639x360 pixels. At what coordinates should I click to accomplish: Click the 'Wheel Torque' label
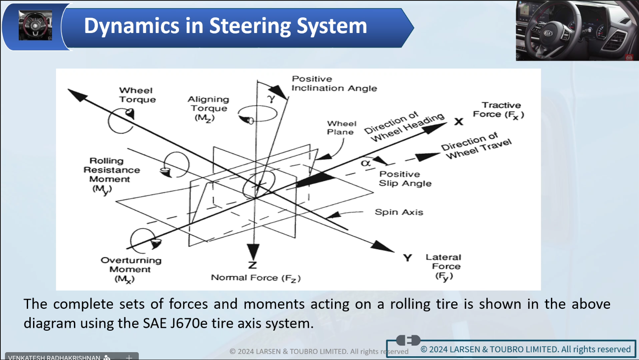tap(138, 95)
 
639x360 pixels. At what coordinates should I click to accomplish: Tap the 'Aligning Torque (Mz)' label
tap(208, 109)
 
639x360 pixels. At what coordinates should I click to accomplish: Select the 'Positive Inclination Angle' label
tap(334, 83)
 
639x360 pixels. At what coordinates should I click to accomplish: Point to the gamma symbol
tap(271, 99)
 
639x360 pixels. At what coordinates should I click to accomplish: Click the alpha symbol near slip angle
tap(366, 163)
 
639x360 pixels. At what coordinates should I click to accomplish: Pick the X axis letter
tap(459, 122)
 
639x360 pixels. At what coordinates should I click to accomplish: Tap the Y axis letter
tap(408, 258)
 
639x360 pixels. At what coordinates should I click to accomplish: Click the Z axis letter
tap(252, 265)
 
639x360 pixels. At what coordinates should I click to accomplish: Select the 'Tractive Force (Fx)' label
tap(499, 111)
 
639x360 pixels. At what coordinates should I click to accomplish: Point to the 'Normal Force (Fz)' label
tap(256, 278)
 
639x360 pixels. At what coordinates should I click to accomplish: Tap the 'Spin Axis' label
tap(399, 212)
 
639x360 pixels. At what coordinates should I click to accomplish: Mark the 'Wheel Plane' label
tap(342, 128)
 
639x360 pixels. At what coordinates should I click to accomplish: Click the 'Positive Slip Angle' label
tap(405, 179)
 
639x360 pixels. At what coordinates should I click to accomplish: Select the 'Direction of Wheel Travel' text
tap(476, 146)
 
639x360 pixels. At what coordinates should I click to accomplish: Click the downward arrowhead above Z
tap(253, 252)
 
